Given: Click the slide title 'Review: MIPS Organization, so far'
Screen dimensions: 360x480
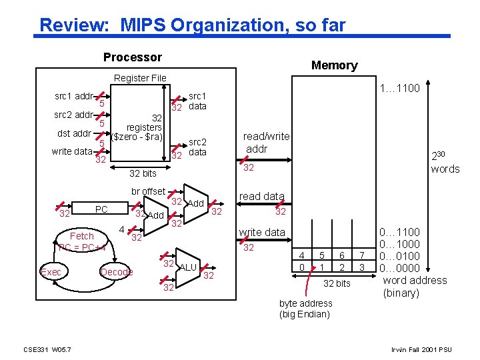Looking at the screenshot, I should point(193,25).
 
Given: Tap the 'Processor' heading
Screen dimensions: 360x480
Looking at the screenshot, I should point(132,57).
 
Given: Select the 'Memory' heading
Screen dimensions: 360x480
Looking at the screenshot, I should point(334,65).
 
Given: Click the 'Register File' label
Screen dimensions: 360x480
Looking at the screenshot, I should point(140,78).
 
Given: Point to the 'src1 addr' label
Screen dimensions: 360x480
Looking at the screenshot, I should point(73,96).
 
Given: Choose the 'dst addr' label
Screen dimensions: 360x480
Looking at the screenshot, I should point(74,133).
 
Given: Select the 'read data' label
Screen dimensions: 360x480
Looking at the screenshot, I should point(261,196).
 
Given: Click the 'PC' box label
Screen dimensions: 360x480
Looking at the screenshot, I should point(101,209).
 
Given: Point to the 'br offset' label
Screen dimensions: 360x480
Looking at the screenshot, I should point(148,191).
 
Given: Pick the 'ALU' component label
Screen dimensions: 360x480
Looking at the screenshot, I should point(188,267).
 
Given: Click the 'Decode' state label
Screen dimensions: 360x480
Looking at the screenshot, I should point(117,272).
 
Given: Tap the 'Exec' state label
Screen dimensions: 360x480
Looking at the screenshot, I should point(51,272).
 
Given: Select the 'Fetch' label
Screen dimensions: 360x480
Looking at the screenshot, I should point(82,236).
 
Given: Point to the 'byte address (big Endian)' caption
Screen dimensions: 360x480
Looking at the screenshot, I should point(305,309).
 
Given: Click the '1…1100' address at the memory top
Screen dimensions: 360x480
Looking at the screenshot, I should point(399,88).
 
